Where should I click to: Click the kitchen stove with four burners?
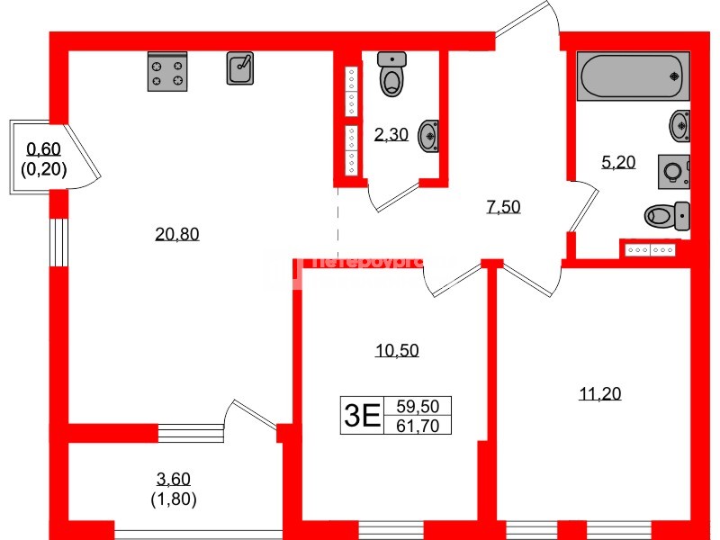click(167, 72)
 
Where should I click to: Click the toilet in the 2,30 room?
click(391, 75)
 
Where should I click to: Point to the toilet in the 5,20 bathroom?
click(667, 216)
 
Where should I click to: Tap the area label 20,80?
click(176, 235)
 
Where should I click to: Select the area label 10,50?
click(397, 351)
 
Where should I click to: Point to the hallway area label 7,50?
click(503, 207)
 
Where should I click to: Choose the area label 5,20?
click(618, 162)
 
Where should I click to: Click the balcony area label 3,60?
click(174, 480)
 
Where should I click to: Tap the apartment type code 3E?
click(360, 416)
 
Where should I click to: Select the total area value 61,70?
click(417, 426)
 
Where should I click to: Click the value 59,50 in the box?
click(417, 406)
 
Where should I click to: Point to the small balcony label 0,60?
click(44, 149)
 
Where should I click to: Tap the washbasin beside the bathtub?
click(680, 123)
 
